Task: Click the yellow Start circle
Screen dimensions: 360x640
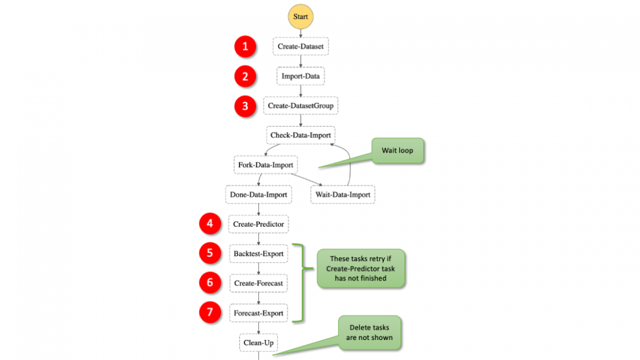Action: pos(301,17)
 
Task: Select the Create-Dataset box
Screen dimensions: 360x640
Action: pos(301,46)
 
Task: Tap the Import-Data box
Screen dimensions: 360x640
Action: pos(301,76)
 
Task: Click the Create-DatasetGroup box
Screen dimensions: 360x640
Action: pos(301,106)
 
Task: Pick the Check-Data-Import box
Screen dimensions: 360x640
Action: pos(301,135)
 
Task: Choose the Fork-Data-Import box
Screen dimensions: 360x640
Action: pos(266,165)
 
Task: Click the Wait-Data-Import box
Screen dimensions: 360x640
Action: pos(343,195)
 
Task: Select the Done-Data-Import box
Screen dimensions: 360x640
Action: pos(258,195)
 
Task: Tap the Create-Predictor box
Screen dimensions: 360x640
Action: pos(258,225)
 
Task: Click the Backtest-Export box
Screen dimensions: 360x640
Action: pos(258,254)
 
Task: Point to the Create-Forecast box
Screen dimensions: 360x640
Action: pos(258,283)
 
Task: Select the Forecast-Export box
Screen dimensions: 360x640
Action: pos(258,313)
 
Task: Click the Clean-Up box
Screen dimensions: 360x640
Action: pos(258,343)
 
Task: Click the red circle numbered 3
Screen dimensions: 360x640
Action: pos(246,106)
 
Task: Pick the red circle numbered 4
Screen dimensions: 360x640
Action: pos(210,224)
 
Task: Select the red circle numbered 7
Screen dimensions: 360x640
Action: pos(210,313)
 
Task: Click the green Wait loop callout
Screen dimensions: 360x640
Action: pos(398,150)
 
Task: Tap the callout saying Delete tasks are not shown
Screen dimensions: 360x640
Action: pos(369,332)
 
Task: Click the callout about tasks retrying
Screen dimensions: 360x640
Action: pos(361,268)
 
